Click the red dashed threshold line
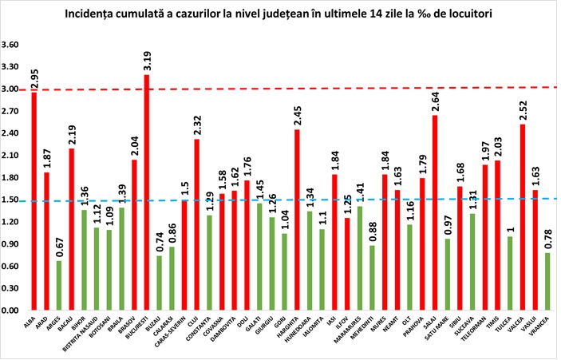click(x=319, y=88)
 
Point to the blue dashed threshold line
click(x=319, y=200)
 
